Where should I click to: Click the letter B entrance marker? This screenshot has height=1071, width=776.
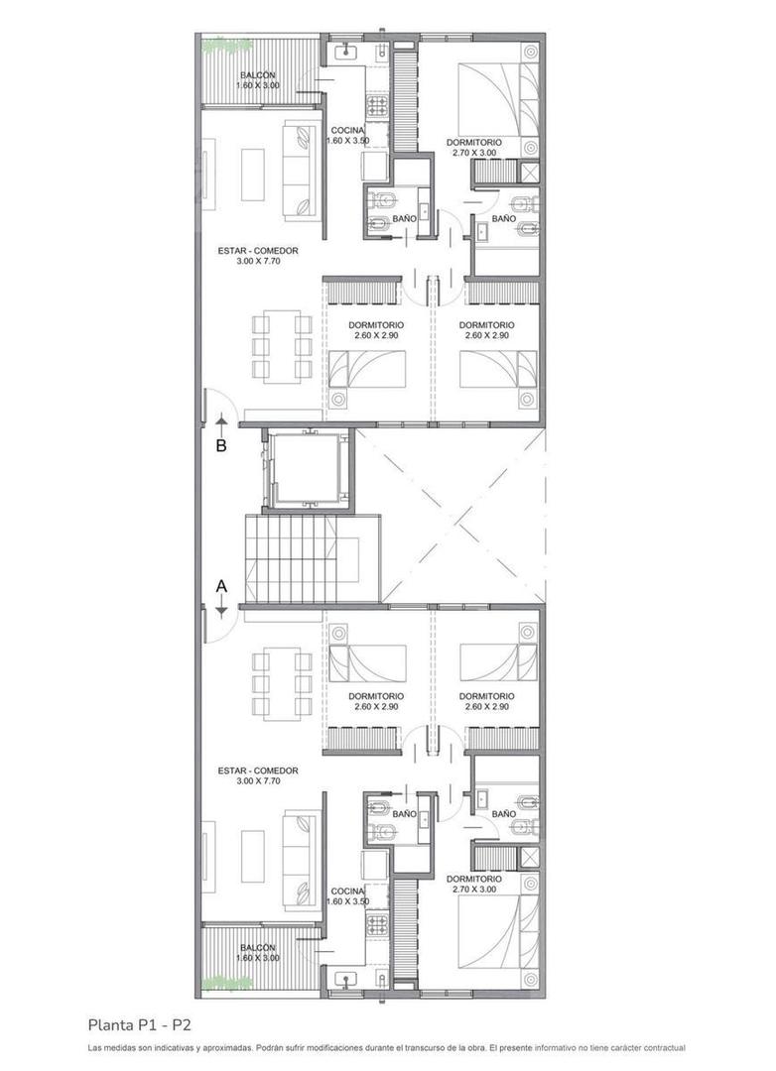[221, 446]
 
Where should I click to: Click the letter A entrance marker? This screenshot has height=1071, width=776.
[222, 586]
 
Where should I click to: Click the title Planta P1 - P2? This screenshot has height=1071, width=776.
[146, 1024]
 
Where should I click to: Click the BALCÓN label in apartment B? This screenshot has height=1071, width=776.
[258, 75]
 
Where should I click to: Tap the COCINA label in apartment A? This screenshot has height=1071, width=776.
[348, 891]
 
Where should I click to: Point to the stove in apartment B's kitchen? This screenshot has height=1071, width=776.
[378, 104]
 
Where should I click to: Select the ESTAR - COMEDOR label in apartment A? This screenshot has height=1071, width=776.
[258, 771]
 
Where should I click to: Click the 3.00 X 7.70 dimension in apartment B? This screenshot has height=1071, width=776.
[258, 262]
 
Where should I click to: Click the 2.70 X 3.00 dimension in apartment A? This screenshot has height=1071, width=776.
[473, 891]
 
